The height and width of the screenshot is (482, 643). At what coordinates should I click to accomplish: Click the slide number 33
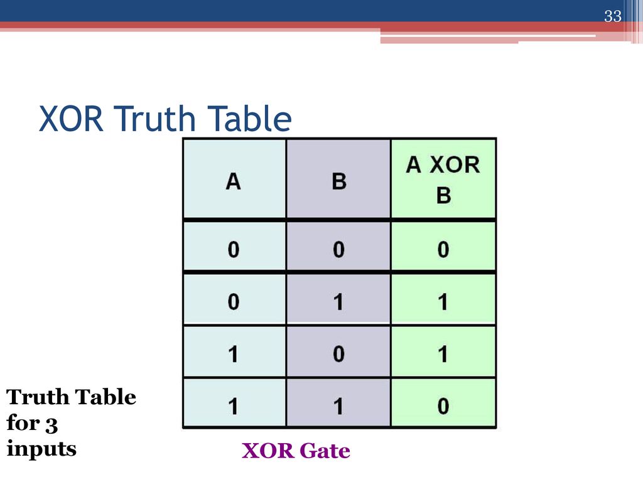click(613, 16)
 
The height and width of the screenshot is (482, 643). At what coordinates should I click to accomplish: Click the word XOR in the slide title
click(71, 119)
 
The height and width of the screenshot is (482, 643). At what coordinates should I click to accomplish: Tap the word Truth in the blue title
click(156, 119)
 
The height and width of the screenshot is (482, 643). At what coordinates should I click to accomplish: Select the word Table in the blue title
click(249, 119)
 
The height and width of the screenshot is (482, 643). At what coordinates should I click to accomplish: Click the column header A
click(234, 181)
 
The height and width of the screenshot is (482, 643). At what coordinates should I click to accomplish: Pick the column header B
click(338, 181)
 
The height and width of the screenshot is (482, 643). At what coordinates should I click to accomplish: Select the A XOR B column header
click(443, 179)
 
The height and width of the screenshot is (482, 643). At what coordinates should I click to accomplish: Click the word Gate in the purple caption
click(325, 451)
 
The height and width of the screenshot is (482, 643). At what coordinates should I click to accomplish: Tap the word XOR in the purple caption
click(268, 451)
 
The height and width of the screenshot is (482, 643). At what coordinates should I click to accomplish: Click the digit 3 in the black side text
click(51, 425)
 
